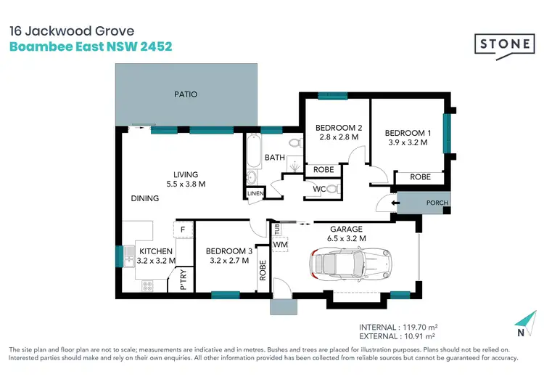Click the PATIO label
[x=185, y=94]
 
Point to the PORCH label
[x=437, y=203]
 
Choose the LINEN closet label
[x=253, y=193]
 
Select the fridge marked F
[x=184, y=230]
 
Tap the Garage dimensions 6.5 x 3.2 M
[x=346, y=237]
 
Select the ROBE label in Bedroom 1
[x=420, y=176]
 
